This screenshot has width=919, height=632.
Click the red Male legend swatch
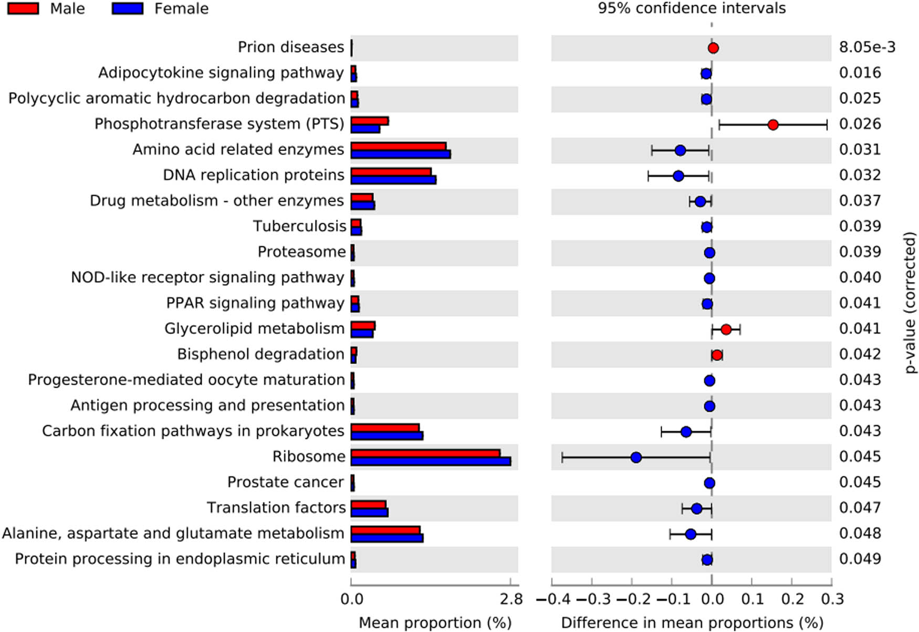click(x=23, y=8)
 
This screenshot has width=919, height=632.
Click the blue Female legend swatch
click(x=128, y=8)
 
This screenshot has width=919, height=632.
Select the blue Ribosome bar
click(x=431, y=461)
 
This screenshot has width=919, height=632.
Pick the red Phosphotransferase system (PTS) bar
click(x=369, y=121)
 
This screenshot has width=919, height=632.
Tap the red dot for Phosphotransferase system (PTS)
click(x=772, y=125)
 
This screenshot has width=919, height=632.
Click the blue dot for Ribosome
click(x=636, y=458)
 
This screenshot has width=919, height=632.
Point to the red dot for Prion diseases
click(x=713, y=48)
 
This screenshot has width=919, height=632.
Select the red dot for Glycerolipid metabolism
click(x=726, y=330)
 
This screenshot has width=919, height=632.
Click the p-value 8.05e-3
click(x=867, y=47)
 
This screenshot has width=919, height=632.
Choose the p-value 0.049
click(x=860, y=559)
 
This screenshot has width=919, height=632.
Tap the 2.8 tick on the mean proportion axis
click(x=511, y=599)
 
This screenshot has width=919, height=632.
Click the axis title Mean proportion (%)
click(x=435, y=623)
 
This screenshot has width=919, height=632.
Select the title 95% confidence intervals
click(x=692, y=8)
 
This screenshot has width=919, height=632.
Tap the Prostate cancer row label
click(x=286, y=482)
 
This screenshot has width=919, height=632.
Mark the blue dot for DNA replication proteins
click(x=678, y=176)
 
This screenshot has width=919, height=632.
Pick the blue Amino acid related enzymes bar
click(x=401, y=154)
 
